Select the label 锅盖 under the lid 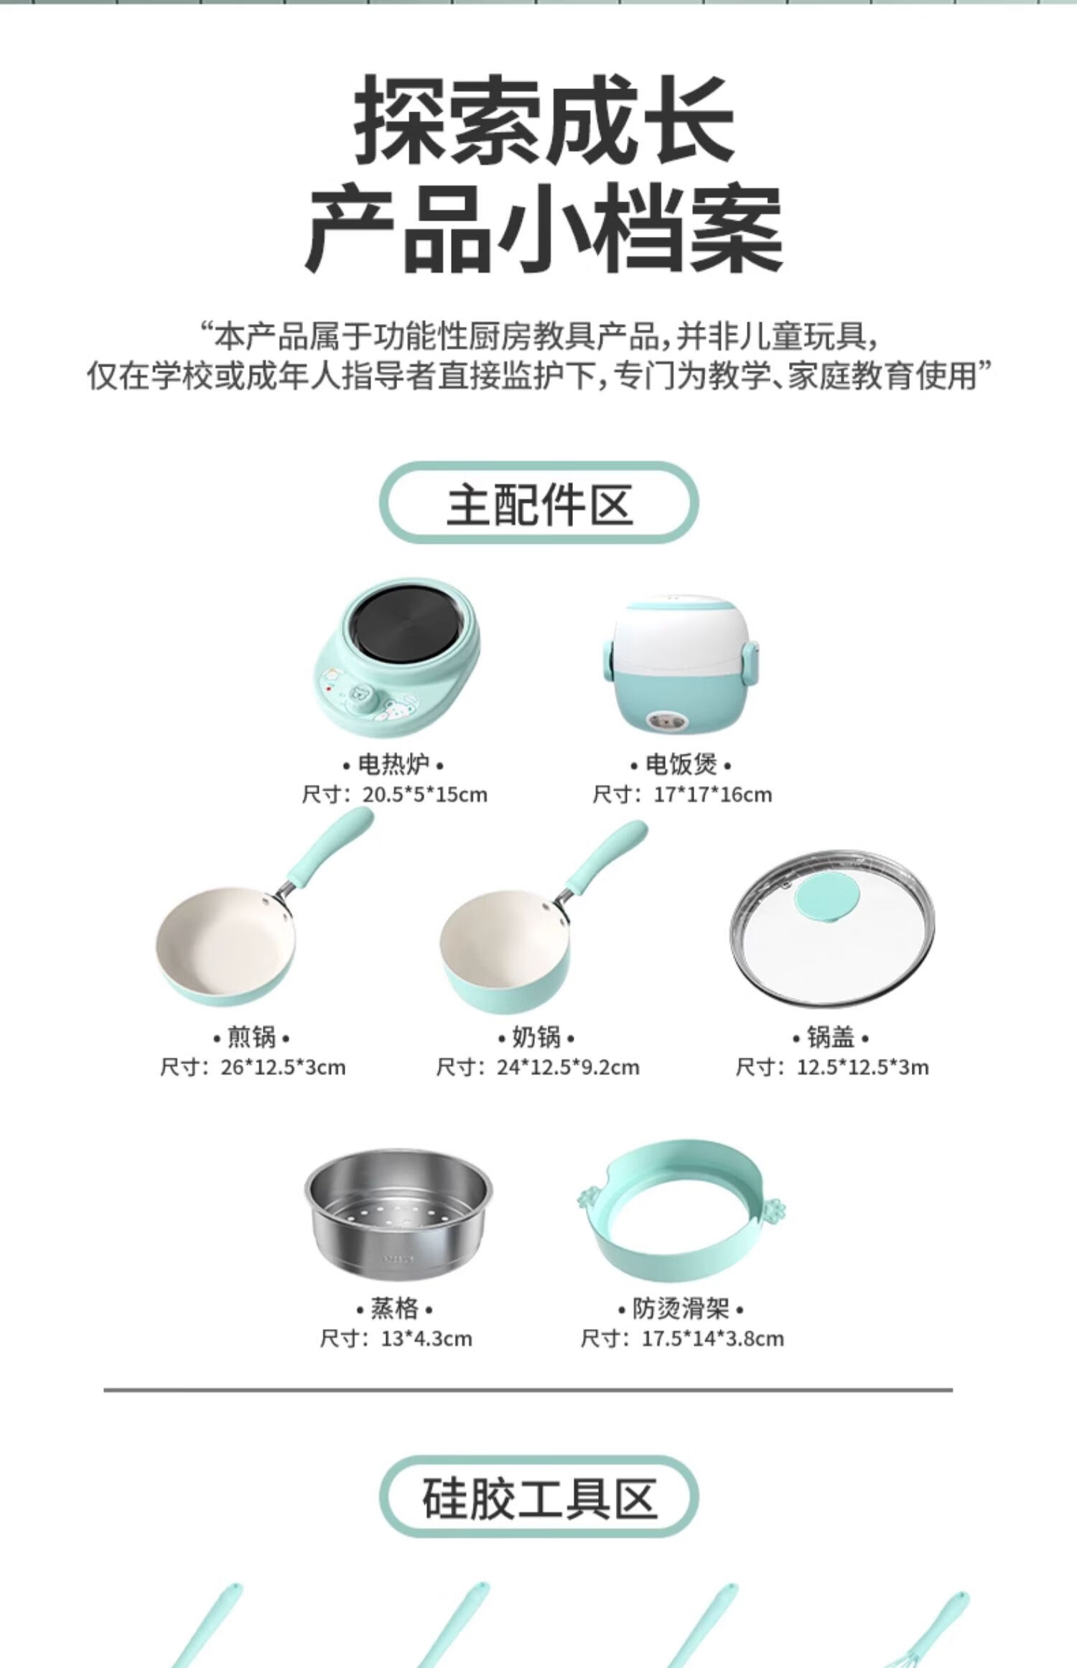point(831,1037)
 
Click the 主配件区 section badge point(538,504)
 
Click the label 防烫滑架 point(681,1309)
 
